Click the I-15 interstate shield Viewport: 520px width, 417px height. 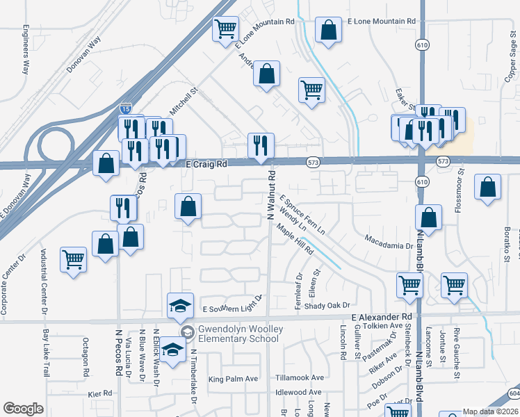pos(124,108)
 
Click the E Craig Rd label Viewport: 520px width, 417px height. pos(207,165)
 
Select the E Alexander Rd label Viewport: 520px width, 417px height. pos(377,317)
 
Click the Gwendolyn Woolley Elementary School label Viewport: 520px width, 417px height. pos(239,334)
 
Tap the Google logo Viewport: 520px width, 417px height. pos(23,409)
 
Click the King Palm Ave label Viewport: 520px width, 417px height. pos(233,379)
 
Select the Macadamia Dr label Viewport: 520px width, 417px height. pos(389,245)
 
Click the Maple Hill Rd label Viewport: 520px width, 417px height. pos(295,240)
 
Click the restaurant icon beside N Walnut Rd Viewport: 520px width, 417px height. pos(261,146)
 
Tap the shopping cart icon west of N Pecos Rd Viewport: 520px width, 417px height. pos(73,260)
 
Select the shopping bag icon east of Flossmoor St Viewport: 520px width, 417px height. pos(488,187)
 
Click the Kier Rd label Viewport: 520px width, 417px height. pos(100,393)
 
